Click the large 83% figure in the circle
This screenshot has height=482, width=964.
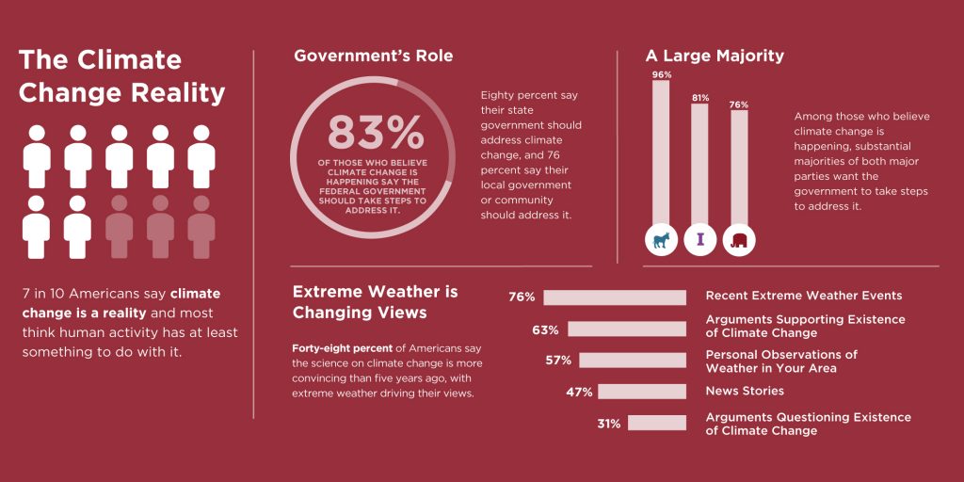point(375,134)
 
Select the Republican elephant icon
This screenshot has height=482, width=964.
point(739,240)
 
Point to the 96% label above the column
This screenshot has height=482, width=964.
point(661,74)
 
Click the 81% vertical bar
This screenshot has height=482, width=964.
point(699,160)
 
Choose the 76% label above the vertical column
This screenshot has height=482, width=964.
point(739,104)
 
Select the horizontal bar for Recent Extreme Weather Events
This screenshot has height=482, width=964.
point(615,297)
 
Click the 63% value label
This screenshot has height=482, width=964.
point(545,329)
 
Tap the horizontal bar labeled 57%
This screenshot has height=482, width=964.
point(633,361)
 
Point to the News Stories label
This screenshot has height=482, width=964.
point(745,391)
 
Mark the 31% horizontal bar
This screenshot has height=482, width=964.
point(657,424)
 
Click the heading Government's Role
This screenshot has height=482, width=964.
point(373,56)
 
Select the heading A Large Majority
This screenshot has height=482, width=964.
point(715,56)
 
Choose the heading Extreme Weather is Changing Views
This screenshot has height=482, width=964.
point(375,301)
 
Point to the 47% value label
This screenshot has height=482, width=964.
point(579,392)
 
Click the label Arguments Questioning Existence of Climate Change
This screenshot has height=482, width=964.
point(808,424)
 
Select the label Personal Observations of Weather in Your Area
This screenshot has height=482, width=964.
point(781,361)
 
